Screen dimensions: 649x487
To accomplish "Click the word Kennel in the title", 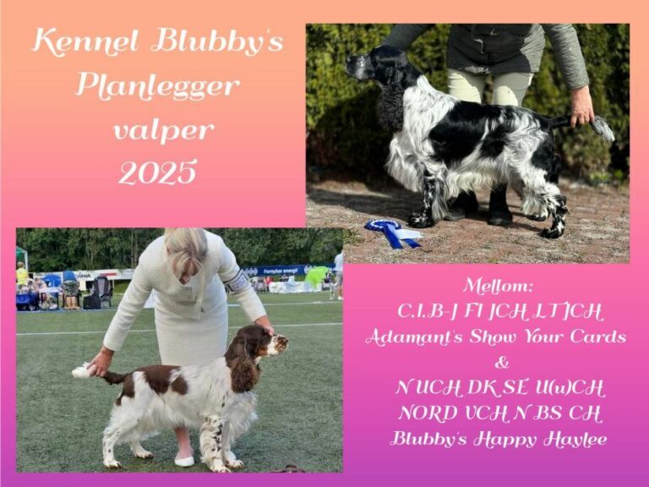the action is click(85, 42).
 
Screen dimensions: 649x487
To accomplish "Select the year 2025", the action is click(157, 172).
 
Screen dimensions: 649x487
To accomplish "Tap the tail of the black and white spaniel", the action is click(588, 124).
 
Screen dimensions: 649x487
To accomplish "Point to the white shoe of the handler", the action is click(184, 460).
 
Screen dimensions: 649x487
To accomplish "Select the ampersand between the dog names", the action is click(502, 363).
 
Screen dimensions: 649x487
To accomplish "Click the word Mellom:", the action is click(498, 286).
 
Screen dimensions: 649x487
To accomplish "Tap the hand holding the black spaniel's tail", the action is click(582, 107).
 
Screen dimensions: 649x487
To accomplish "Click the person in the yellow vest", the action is click(21, 276).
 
